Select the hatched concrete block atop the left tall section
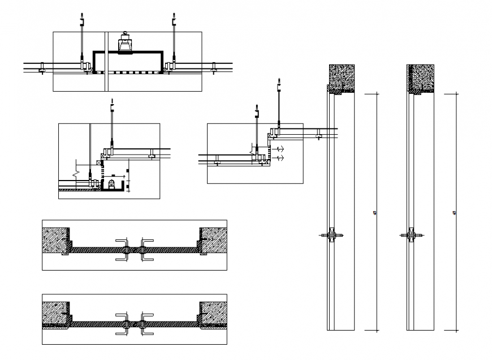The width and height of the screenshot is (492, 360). click(x=342, y=78)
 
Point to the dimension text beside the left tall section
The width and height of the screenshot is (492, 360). click(x=376, y=213)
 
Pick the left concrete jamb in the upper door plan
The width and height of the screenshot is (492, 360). click(x=57, y=240)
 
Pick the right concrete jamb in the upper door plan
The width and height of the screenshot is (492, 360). click(x=213, y=240)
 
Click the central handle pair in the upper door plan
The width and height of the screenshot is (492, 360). click(x=135, y=249)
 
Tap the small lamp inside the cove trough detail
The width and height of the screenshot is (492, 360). click(x=111, y=183)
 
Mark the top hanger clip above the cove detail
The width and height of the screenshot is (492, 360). click(x=112, y=106)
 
